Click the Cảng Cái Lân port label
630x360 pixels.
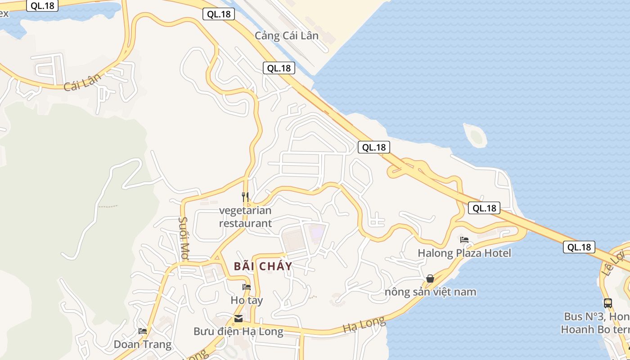pos(287,36)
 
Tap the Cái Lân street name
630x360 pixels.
pos(82,82)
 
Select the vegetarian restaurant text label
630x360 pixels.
pos(245,216)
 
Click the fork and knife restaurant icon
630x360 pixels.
pos(245,197)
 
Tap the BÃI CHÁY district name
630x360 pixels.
pos(263,266)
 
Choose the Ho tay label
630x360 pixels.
pos(247,300)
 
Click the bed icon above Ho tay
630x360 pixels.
pos(246,287)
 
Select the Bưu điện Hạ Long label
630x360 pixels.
pos(238,332)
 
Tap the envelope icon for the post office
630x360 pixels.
pos(238,319)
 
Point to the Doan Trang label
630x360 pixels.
pos(143,345)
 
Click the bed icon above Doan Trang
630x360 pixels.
pos(143,331)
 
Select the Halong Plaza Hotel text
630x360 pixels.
pos(464,253)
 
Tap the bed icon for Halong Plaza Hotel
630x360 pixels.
pos(464,239)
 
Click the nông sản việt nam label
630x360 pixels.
pos(430,292)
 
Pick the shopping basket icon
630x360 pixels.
pos(430,279)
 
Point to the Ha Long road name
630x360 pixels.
pos(364,324)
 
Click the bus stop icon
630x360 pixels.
pos(607,303)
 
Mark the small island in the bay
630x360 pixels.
pos(476,136)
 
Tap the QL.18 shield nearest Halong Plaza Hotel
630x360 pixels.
pos(484,208)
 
